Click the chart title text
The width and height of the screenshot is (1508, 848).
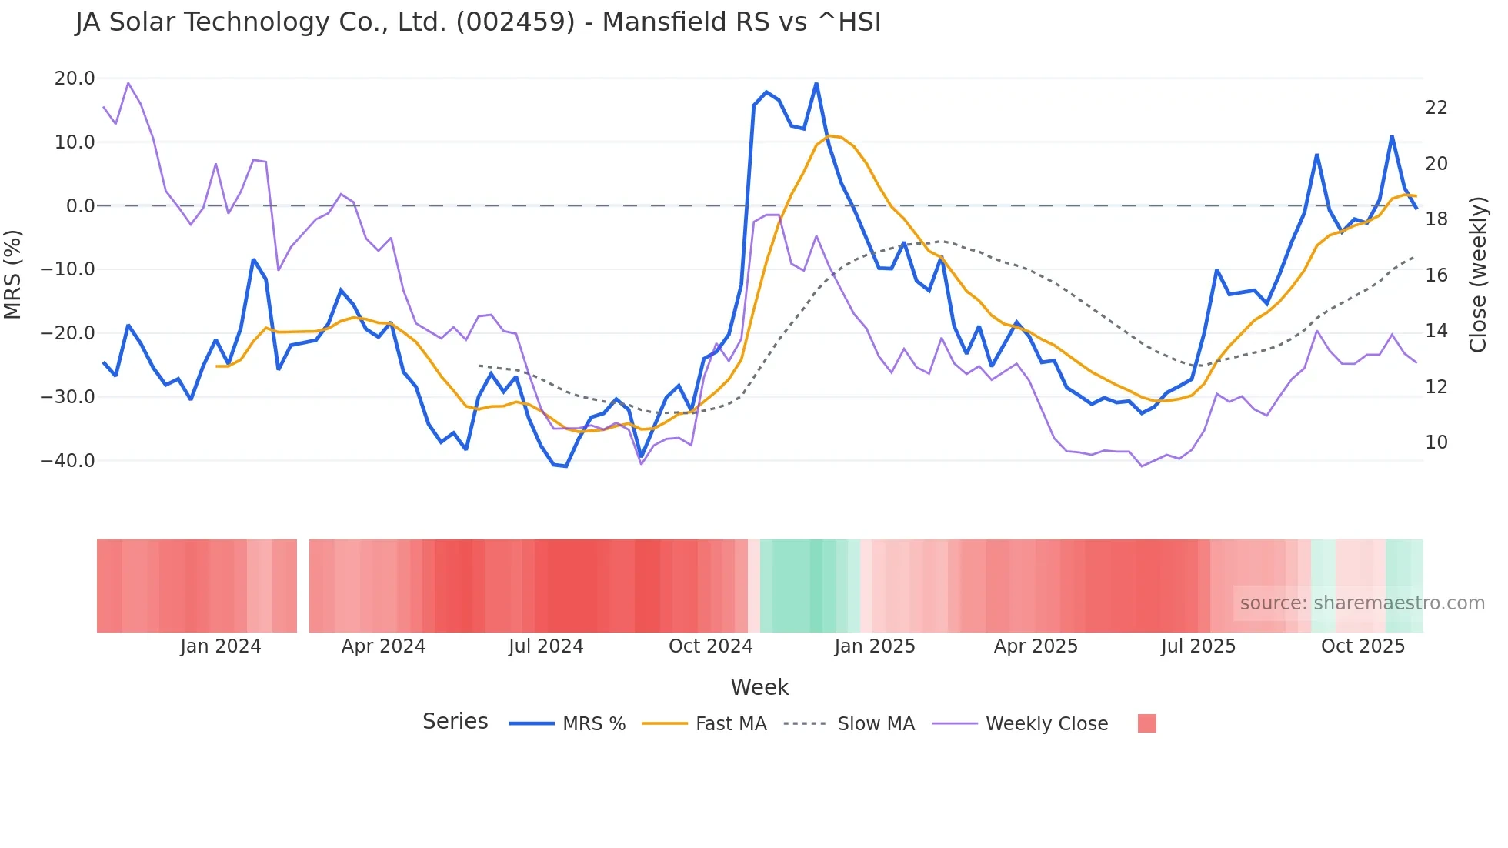478,22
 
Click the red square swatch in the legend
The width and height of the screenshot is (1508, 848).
1146,723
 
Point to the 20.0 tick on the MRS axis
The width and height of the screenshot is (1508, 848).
75,78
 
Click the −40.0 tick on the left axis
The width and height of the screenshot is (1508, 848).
68,461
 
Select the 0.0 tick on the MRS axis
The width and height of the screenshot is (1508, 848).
80,206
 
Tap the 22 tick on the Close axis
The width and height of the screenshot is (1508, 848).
1436,108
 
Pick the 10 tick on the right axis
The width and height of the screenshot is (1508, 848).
1436,442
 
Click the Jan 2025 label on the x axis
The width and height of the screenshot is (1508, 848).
874,646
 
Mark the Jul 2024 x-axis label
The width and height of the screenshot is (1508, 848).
545,646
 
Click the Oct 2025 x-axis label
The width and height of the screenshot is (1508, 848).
1363,646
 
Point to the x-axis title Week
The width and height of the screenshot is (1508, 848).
759,687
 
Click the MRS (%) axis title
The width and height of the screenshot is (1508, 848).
13,274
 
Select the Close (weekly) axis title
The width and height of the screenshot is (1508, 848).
1477,274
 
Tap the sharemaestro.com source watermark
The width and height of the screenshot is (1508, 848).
1362,603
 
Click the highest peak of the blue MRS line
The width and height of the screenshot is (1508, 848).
816,84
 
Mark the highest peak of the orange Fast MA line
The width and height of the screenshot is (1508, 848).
829,136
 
